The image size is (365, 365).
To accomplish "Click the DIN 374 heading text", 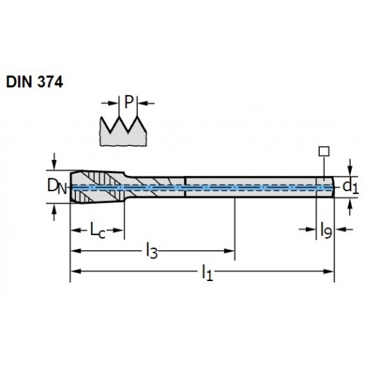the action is (34, 82).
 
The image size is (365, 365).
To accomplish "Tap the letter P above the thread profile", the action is (128, 102).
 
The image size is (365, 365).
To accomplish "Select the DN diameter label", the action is (57, 187).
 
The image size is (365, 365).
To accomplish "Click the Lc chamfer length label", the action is (98, 230).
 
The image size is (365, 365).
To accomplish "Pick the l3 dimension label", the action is (152, 251).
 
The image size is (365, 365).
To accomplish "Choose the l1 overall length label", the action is (207, 273).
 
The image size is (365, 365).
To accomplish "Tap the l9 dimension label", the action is (326, 231).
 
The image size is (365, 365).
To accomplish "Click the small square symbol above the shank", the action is (324, 151).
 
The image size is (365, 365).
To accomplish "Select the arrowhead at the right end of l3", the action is (229, 251).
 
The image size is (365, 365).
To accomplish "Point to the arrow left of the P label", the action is (109, 103).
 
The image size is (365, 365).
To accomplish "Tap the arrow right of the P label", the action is (146, 104).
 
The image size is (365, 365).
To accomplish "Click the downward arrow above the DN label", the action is (54, 161).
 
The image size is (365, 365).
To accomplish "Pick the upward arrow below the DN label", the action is (54, 212).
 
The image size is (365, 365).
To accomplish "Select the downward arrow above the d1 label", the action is (350, 167).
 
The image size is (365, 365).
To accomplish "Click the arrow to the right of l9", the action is (344, 229).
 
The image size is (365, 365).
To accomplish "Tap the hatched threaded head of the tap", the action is (98, 187).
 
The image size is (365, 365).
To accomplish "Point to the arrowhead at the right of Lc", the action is (119, 230).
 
